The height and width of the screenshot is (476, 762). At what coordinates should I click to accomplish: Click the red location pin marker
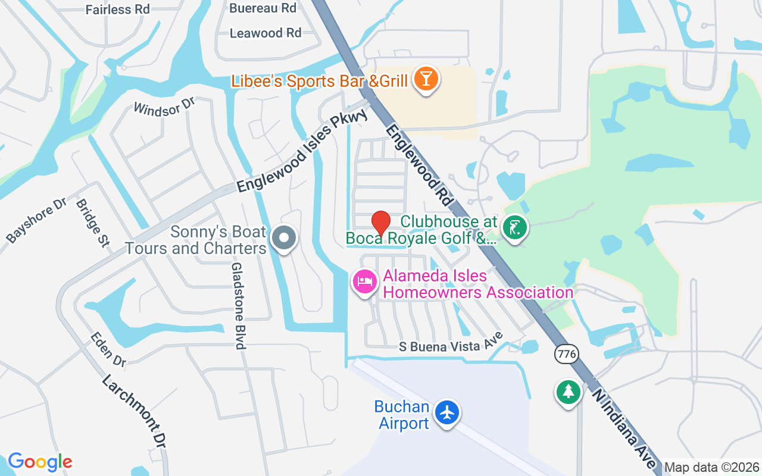point(381,223)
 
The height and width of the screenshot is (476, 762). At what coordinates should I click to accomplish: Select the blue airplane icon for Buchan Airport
point(446,412)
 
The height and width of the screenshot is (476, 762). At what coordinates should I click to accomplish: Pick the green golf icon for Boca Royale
point(515,228)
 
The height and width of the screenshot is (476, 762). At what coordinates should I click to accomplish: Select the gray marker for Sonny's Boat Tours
point(284,238)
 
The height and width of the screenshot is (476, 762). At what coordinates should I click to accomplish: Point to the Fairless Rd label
point(118,10)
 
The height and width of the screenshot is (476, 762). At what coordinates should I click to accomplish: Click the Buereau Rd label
point(263,8)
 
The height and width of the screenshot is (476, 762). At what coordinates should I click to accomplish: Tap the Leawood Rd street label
point(266,33)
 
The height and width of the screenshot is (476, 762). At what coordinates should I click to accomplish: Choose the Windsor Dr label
point(164,107)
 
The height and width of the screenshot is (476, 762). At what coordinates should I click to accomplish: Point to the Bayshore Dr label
point(36,220)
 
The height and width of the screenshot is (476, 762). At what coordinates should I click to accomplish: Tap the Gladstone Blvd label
point(238,306)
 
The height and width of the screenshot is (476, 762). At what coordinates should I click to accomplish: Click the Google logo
point(40,462)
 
